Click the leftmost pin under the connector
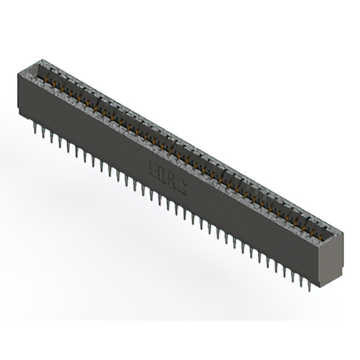pyautogui.click(x=35, y=129)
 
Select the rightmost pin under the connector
pyautogui.click(x=310, y=287)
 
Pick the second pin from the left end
pyautogui.click(x=43, y=133)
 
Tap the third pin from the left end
pyautogui.click(x=52, y=138)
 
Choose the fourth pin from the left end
pyautogui.click(x=60, y=143)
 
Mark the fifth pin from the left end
pyautogui.click(x=69, y=147)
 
